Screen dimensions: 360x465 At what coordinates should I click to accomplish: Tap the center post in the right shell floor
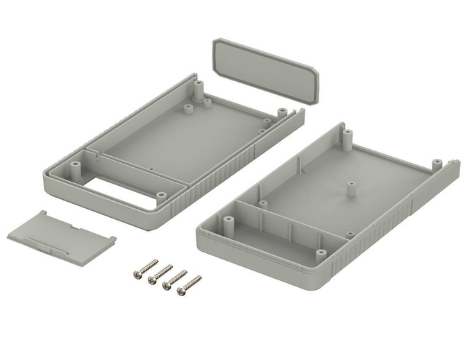(x=350, y=189)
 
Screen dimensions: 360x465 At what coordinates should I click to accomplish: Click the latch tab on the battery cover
(x=49, y=246)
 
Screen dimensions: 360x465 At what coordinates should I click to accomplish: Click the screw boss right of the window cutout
(x=161, y=196)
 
